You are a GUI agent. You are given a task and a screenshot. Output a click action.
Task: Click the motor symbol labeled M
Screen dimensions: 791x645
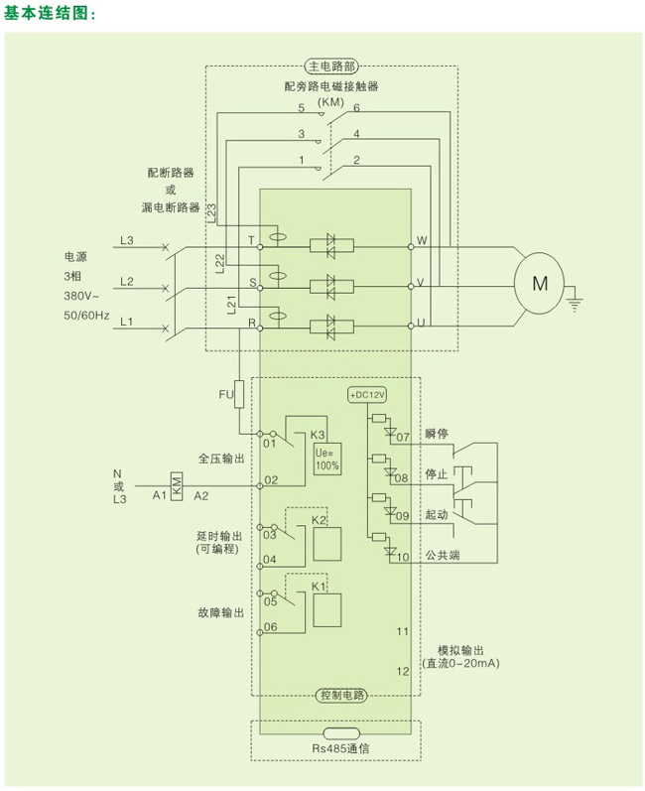click(540, 283)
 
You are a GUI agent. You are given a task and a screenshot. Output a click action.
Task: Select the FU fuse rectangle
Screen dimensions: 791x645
click(240, 394)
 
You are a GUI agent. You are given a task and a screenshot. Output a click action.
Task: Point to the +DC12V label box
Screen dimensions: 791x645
click(366, 394)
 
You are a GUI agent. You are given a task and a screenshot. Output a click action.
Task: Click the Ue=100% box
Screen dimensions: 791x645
click(327, 459)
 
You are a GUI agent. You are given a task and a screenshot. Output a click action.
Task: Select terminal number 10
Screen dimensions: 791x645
click(402, 557)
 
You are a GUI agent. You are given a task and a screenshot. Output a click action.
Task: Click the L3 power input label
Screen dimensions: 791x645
click(126, 240)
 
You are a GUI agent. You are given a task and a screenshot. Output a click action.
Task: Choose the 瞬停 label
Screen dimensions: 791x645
click(437, 434)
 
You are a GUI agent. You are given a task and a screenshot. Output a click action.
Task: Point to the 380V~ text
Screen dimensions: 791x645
click(84, 295)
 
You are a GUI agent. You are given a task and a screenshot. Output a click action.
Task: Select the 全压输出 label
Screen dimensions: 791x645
click(220, 459)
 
